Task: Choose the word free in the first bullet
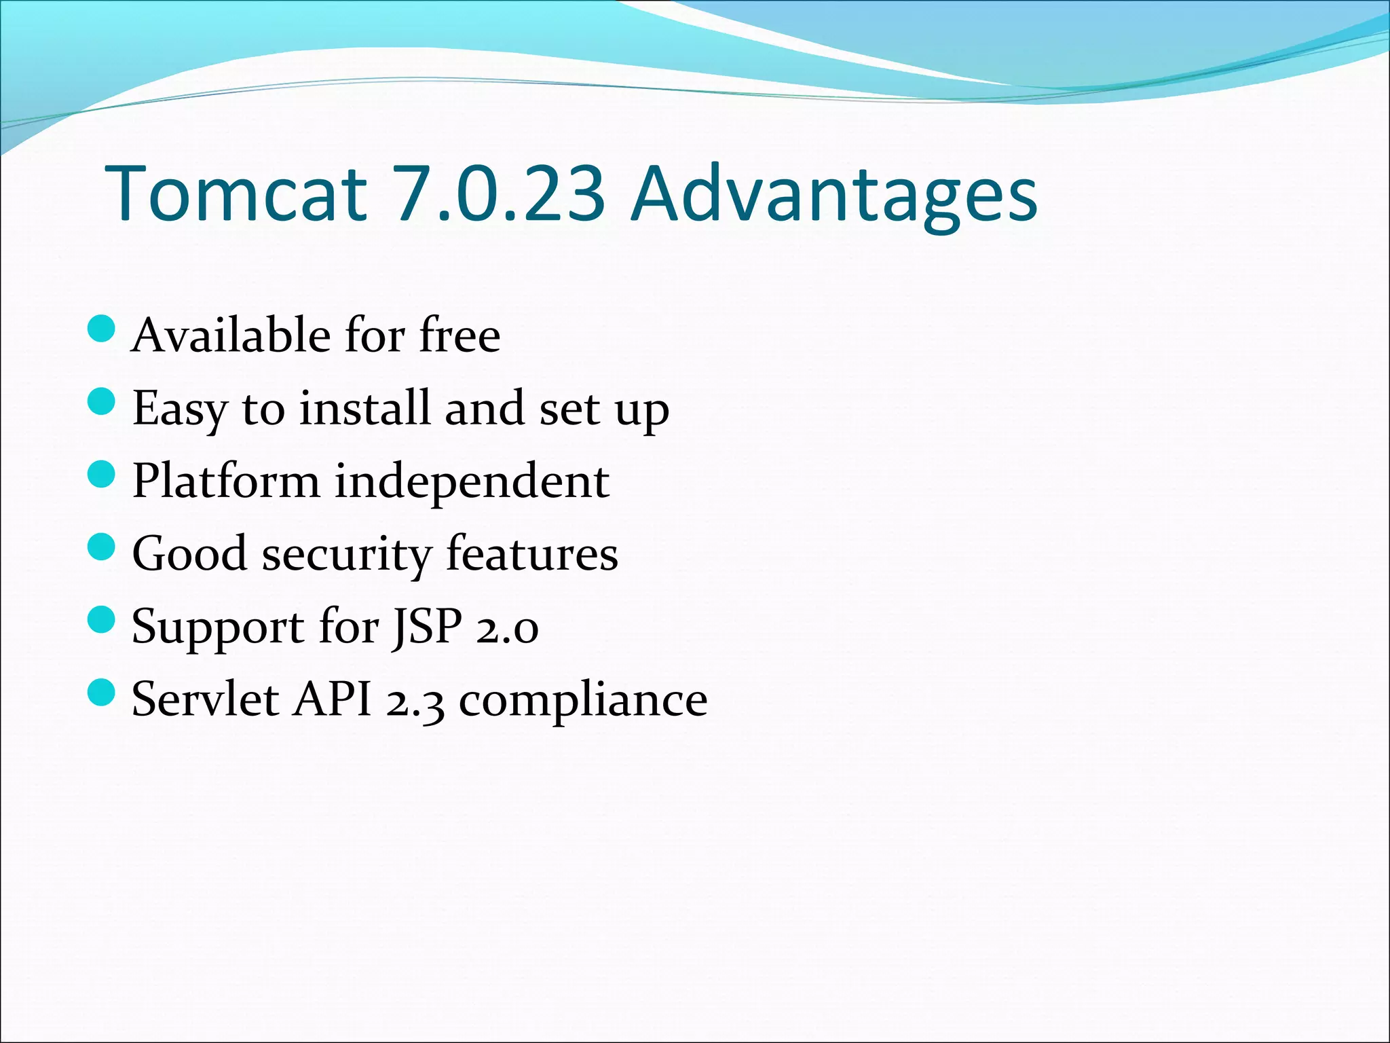(x=460, y=335)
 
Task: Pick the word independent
(x=472, y=481)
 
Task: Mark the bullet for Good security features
(x=102, y=547)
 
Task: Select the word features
(x=532, y=553)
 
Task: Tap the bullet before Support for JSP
(x=102, y=619)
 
